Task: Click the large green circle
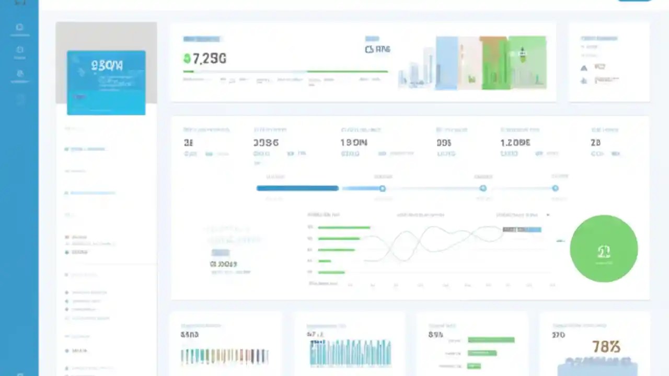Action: pyautogui.click(x=604, y=249)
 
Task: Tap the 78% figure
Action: pyautogui.click(x=606, y=346)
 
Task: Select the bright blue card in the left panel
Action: pyautogui.click(x=106, y=83)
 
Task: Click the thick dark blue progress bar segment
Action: pyautogui.click(x=297, y=188)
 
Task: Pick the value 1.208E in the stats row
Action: pyautogui.click(x=515, y=142)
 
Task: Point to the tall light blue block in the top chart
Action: pyautogui.click(x=446, y=63)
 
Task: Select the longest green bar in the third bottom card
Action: pyautogui.click(x=491, y=340)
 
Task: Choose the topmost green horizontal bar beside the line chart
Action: pyautogui.click(x=344, y=228)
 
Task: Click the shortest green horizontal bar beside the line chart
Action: pyautogui.click(x=325, y=261)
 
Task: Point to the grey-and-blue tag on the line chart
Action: pyautogui.click(x=522, y=229)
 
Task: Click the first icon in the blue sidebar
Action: pyautogui.click(x=19, y=27)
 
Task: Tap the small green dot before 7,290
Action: pyautogui.click(x=187, y=58)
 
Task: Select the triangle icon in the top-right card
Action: pyautogui.click(x=584, y=68)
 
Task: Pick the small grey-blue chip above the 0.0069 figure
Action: pyautogui.click(x=220, y=253)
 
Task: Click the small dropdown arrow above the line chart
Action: pyautogui.click(x=548, y=215)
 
